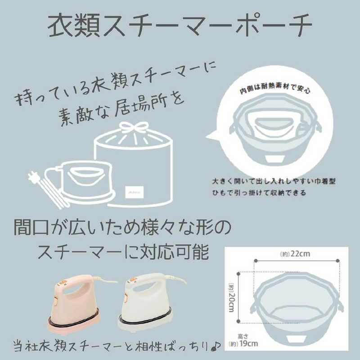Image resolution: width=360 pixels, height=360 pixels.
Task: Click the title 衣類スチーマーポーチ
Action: coord(180,25)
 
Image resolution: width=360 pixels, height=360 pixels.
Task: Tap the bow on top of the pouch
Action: coord(134,128)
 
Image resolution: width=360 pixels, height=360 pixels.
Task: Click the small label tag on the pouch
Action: coord(134,192)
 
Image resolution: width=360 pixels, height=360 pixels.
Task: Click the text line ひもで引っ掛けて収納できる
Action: coord(259,193)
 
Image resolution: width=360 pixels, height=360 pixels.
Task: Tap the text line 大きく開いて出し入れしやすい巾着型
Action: coord(274,181)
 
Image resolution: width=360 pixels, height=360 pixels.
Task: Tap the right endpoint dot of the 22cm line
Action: coord(338,261)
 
